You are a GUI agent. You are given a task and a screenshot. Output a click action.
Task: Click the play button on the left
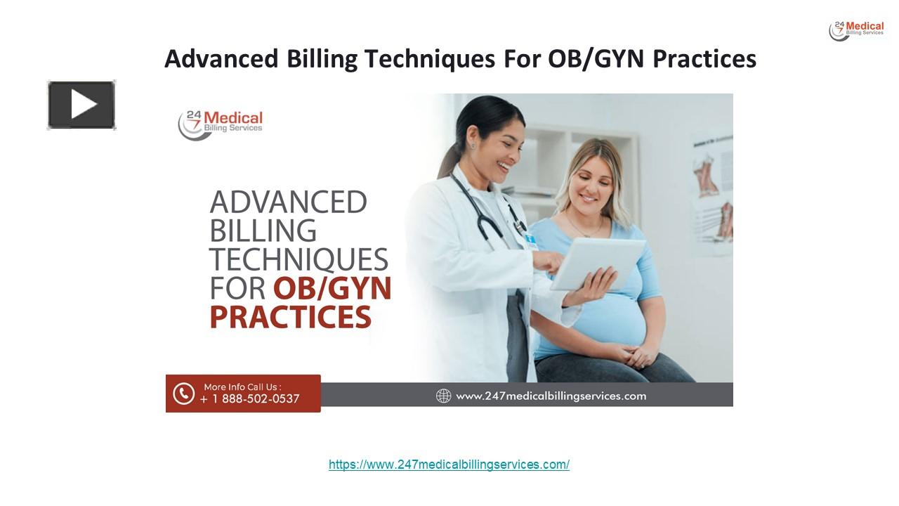pyautogui.click(x=81, y=105)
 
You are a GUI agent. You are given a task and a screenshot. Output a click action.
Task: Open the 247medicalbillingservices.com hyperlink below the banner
pyautogui.click(x=449, y=465)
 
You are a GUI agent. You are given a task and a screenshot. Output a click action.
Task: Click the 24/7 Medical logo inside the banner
pyautogui.click(x=220, y=124)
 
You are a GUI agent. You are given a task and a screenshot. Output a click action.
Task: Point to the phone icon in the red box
pyautogui.click(x=183, y=394)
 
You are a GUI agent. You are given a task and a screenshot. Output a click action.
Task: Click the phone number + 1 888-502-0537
pyautogui.click(x=250, y=399)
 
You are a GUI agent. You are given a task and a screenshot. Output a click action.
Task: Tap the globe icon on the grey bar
pyautogui.click(x=443, y=396)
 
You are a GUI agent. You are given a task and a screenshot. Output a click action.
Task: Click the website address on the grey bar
pyautogui.click(x=551, y=396)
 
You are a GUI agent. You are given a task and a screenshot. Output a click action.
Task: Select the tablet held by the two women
pyautogui.click(x=598, y=263)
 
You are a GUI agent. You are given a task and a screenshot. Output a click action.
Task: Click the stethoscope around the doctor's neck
pyautogui.click(x=485, y=211)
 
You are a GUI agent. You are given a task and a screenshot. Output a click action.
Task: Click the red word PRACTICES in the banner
pyautogui.click(x=290, y=317)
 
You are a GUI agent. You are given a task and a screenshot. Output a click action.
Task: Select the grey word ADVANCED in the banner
pyautogui.click(x=288, y=202)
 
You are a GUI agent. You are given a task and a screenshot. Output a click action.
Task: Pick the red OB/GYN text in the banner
pyautogui.click(x=332, y=289)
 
